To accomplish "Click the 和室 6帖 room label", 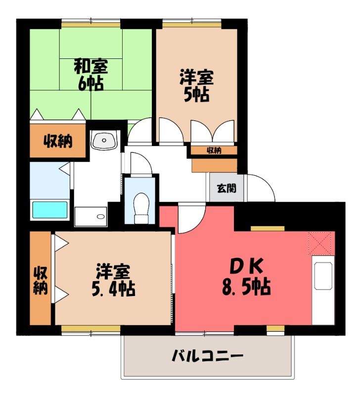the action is point(91,75).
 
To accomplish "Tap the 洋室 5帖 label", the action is point(197,86).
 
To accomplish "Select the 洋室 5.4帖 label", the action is point(113,280).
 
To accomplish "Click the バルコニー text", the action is point(208,356).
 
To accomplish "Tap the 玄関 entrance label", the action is point(227,188).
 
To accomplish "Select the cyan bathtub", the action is point(50,210).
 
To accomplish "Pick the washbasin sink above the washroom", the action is point(104,140).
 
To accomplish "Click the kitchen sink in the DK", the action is point(323,276).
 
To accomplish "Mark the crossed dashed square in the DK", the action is point(320,243).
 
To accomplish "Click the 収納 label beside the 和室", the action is point(58,141).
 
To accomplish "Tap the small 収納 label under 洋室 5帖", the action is point(214,151).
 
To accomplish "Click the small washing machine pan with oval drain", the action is point(91,216).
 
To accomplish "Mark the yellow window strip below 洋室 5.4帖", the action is point(91,328).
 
